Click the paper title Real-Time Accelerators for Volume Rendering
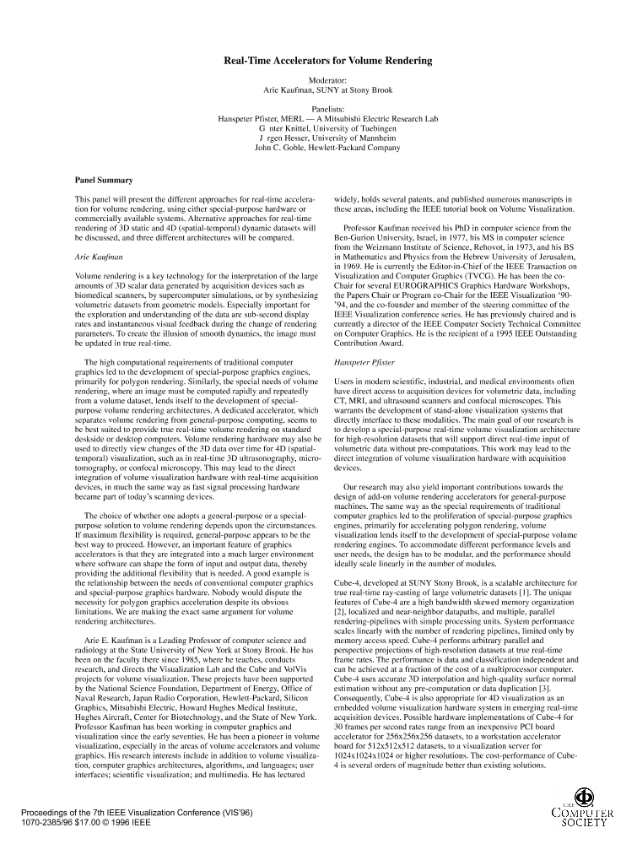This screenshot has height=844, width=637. pyautogui.click(x=327, y=61)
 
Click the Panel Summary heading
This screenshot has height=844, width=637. pyautogui.click(x=103, y=180)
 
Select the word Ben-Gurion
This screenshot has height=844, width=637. pyautogui.click(x=358, y=237)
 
